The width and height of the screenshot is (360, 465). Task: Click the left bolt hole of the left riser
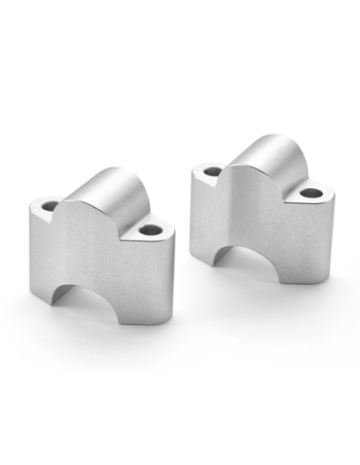coord(49,206)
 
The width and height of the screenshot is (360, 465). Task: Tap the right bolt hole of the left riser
coord(147,231)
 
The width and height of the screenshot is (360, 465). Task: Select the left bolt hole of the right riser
coord(212,170)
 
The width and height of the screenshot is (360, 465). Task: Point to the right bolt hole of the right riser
coord(309,193)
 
